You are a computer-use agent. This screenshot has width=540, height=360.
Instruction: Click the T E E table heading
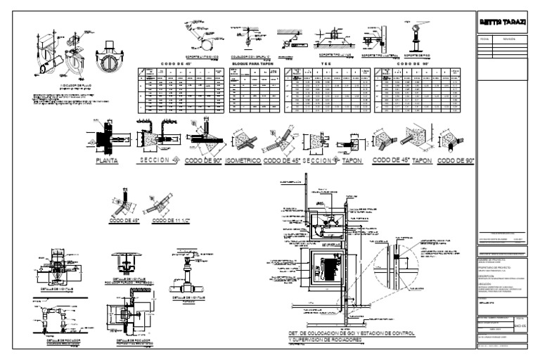(x=326, y=63)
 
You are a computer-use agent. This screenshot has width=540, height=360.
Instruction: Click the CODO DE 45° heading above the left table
(x=182, y=63)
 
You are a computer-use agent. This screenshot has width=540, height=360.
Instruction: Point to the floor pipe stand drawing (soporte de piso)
(x=416, y=39)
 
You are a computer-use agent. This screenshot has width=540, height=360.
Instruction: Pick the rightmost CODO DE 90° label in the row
(x=455, y=160)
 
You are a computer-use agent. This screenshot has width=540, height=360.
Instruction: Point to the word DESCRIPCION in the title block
(x=489, y=276)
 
